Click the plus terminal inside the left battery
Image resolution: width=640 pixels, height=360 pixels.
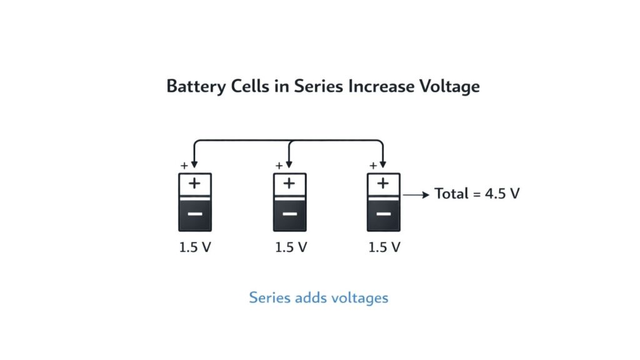pos(195,183)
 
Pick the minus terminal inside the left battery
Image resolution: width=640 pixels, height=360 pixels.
pos(195,214)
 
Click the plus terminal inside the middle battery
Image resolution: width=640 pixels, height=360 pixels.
pos(289,183)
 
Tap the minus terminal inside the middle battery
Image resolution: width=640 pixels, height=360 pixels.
pos(289,214)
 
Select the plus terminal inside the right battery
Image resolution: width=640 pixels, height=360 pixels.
pos(383,183)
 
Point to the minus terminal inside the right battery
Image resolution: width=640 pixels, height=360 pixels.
pos(383,214)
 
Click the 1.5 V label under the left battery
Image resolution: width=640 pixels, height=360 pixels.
pos(196,247)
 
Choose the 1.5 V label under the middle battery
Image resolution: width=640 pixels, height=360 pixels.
pos(291,247)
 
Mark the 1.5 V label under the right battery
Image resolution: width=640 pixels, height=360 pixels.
pos(384,247)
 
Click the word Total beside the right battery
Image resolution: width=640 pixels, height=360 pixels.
pos(451,194)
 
